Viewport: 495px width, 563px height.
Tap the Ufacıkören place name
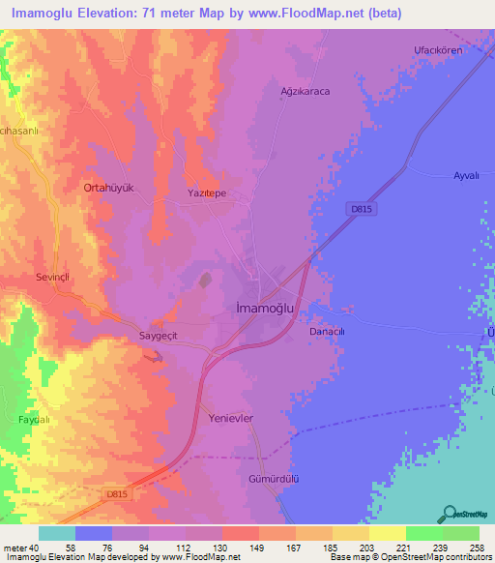click(x=439, y=50)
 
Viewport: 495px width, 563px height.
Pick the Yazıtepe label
click(x=206, y=193)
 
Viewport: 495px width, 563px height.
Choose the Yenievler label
click(x=230, y=419)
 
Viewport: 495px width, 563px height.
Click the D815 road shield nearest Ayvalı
click(x=357, y=208)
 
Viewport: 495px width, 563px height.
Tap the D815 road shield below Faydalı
click(x=115, y=494)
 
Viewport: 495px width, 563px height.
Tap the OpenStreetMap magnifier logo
click(x=448, y=514)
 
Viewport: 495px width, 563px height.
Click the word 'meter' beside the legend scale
click(x=16, y=547)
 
